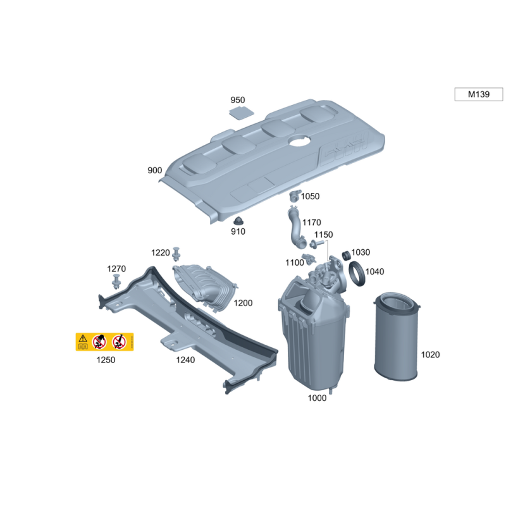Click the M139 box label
479,94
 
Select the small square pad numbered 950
241,113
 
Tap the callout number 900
154,170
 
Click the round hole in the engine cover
300,140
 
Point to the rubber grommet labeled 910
238,221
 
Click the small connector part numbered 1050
295,195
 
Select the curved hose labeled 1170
295,228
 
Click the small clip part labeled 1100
309,259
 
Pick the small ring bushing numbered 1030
346,256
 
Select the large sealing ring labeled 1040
357,274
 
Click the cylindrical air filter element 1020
397,336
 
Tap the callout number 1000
317,398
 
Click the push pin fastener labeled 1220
176,254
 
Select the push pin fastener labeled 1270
116,281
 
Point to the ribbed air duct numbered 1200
203,287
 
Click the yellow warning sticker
104,342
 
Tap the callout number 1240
185,359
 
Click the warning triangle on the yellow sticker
83,338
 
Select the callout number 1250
106,359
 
